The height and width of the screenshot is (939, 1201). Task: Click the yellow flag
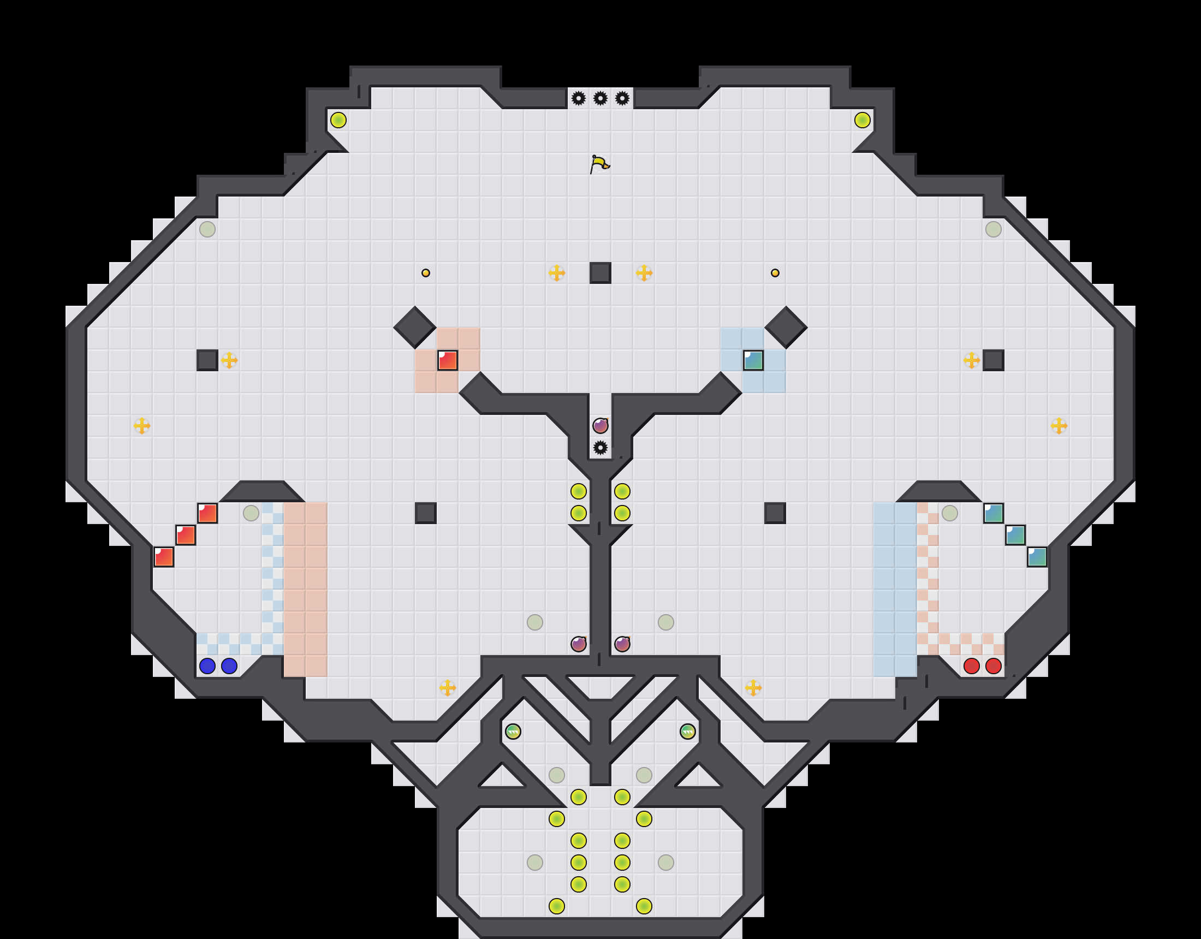tap(599, 163)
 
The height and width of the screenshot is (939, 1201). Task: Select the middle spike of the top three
tap(600, 98)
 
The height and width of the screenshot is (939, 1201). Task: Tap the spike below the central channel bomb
tap(600, 447)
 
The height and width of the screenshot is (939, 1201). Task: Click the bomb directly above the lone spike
tap(600, 425)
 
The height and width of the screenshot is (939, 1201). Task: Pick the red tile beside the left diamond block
tap(448, 360)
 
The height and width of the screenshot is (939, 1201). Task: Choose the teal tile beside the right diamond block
tap(753, 360)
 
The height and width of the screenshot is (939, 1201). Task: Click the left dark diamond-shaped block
tap(415, 328)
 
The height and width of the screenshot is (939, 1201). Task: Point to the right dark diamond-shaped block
tap(786, 328)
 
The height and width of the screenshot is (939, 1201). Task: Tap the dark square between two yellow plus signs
tap(600, 273)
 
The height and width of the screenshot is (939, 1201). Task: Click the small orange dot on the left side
tap(426, 273)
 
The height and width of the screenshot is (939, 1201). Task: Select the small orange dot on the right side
tap(775, 273)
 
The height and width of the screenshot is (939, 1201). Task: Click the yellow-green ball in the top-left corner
tap(338, 120)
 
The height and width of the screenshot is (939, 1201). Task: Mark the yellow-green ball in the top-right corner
tap(862, 120)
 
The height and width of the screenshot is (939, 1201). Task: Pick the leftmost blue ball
tap(207, 665)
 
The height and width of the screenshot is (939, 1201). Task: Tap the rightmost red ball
tap(993, 665)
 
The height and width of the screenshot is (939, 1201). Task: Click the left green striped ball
tap(513, 731)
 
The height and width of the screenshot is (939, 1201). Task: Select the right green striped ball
tap(687, 731)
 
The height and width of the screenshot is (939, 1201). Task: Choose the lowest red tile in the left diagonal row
tap(164, 557)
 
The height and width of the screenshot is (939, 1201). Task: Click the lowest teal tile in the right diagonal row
tap(1037, 557)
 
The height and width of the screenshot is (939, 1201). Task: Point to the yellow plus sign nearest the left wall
tap(142, 425)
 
